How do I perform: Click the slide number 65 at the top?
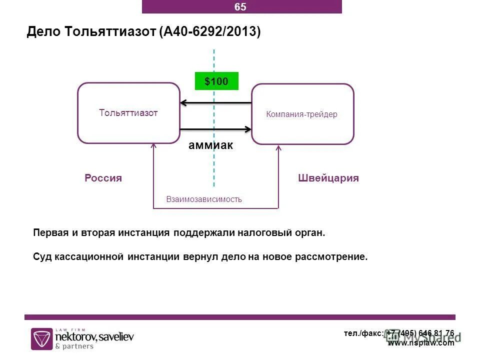pos(240,7)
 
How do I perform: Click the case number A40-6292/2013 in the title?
pos(210,32)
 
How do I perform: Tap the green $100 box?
pos(216,81)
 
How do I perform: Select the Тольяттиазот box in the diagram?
pos(128,113)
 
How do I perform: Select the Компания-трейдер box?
pos(302,114)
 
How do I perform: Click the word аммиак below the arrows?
pos(211,145)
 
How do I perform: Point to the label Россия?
pos(103,178)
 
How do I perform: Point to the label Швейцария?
pos(328,178)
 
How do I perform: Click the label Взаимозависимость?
pos(204,199)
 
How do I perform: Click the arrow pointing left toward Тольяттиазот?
pos(215,103)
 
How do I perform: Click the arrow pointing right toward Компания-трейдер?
pos(215,129)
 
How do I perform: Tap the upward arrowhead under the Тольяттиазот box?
pos(153,146)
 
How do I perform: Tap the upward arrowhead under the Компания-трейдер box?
pos(278,147)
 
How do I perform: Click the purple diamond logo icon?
pos(41,338)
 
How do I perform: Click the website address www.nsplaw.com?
pos(421,343)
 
